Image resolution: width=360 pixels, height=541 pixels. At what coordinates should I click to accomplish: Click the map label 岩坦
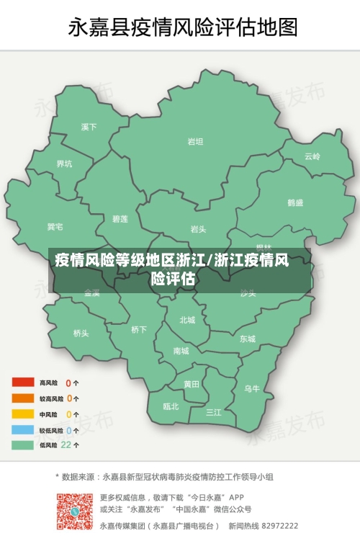[195, 142]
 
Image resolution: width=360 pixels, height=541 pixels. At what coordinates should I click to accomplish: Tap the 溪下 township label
[89, 128]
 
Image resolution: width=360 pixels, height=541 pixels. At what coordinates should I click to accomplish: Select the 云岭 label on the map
[312, 156]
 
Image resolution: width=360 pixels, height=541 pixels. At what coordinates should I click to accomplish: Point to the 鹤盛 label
[295, 203]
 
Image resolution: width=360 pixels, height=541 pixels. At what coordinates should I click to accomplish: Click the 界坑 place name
[64, 164]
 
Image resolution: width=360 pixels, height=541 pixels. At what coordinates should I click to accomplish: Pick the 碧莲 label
[120, 218]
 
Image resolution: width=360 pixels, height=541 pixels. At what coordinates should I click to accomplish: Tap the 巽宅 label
[55, 228]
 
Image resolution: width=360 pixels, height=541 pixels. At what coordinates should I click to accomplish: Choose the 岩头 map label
[198, 229]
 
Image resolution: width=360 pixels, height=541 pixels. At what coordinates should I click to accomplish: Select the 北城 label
[187, 320]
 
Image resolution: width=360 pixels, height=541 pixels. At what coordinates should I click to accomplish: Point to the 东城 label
[248, 339]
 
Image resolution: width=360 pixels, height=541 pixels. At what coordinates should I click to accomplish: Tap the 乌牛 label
[252, 388]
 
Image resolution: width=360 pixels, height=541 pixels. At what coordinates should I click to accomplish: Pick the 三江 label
[214, 412]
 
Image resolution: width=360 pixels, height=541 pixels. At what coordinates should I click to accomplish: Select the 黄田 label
[191, 384]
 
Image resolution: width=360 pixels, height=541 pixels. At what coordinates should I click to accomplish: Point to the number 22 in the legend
[66, 445]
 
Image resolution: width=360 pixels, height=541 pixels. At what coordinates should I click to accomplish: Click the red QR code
[74, 511]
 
